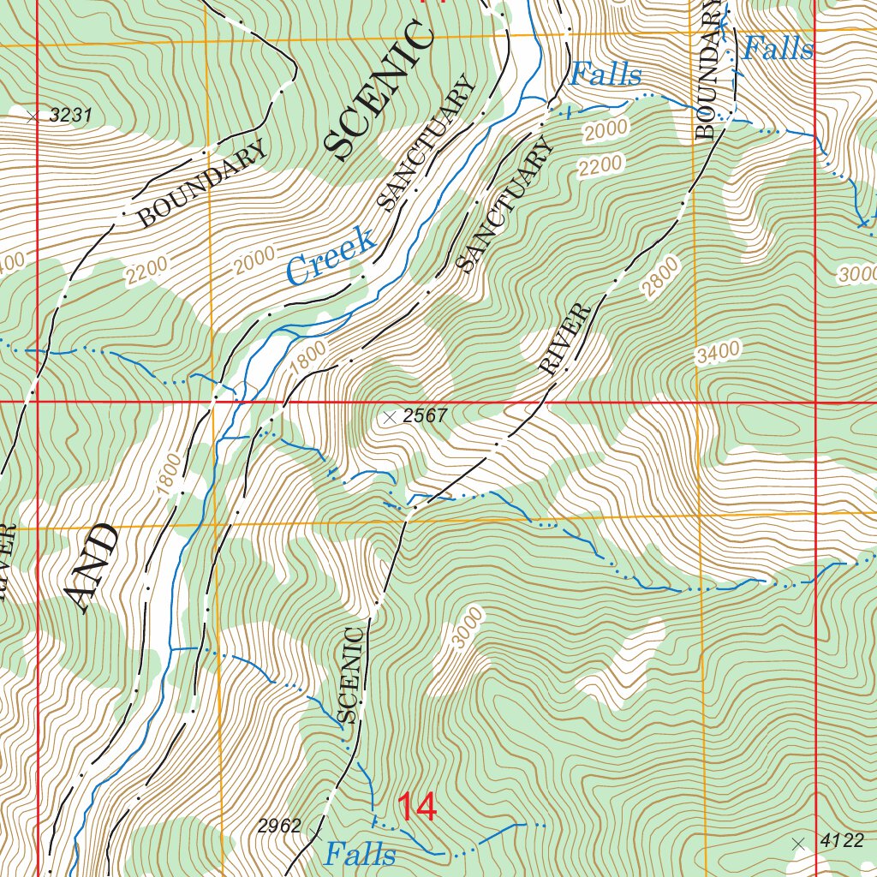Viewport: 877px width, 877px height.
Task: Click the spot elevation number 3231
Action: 70,116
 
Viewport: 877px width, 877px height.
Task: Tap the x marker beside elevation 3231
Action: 33,116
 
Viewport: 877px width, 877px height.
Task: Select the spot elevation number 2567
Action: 427,417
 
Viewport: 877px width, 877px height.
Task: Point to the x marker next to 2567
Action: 390,417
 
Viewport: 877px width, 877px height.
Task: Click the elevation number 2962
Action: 279,826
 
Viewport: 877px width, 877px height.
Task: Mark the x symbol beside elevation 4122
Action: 799,843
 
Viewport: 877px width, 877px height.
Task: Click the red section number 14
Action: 416,808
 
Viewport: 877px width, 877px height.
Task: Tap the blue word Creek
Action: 331,255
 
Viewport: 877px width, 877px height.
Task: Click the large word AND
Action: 92,568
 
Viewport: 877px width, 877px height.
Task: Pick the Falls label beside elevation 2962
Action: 360,854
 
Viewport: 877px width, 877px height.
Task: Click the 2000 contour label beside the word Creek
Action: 254,259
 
